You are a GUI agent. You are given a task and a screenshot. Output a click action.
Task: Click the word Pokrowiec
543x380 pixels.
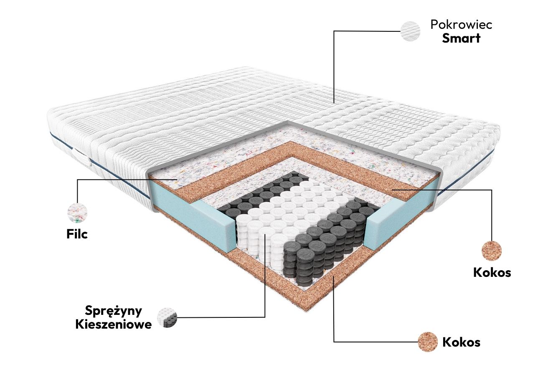(x=461, y=25)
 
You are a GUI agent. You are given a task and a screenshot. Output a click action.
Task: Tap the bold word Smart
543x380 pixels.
(x=461, y=38)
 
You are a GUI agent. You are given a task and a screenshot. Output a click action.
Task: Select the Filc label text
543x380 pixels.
(x=77, y=234)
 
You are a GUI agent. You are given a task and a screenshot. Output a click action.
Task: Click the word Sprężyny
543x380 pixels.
(x=114, y=311)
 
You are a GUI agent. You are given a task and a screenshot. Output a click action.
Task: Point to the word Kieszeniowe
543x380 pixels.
(x=114, y=324)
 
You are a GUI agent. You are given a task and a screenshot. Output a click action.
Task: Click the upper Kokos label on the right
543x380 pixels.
(x=492, y=273)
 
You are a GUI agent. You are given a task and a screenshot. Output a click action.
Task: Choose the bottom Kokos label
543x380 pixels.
(x=461, y=342)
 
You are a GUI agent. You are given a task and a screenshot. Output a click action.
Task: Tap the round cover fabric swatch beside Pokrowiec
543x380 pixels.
(x=410, y=31)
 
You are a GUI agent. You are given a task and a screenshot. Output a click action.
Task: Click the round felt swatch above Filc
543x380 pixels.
(x=77, y=213)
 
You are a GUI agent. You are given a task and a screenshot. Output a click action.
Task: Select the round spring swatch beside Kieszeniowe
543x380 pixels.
(x=167, y=318)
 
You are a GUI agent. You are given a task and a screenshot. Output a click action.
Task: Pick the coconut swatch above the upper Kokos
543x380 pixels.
(x=492, y=251)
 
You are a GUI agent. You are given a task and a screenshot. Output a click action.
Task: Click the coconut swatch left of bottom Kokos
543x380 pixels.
(x=428, y=342)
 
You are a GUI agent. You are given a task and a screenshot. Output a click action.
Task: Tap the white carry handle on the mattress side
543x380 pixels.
(x=82, y=157)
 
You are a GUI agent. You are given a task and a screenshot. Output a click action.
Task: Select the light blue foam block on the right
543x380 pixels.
(x=402, y=213)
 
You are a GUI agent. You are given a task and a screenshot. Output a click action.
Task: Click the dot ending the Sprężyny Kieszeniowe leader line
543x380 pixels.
(x=265, y=235)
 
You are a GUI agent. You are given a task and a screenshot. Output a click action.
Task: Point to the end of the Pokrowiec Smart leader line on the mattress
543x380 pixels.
(x=334, y=103)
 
